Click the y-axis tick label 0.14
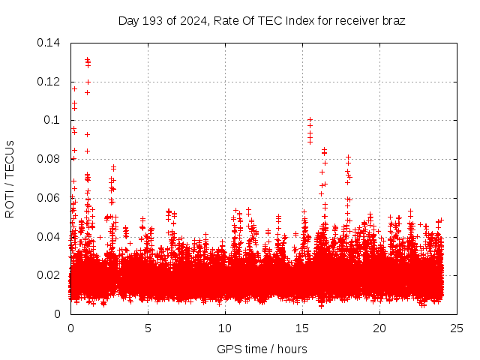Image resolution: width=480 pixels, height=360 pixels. tap(49, 43)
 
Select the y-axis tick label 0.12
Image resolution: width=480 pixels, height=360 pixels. tap(49, 82)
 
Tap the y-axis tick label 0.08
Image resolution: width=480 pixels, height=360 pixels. tap(49, 159)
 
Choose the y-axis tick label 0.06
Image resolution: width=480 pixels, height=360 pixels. tap(49, 198)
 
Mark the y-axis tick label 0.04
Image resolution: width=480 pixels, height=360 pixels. tap(49, 237)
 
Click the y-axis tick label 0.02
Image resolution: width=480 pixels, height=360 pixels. tap(49, 275)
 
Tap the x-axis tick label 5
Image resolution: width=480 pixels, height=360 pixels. tap(148, 328)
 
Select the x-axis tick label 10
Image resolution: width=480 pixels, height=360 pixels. tap(225, 328)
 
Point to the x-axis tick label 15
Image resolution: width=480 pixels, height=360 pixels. tap(302, 328)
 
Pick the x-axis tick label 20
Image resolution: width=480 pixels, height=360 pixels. tap(379, 328)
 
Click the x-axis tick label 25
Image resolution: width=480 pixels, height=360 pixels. tap(457, 328)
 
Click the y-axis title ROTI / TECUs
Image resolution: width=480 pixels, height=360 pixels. tap(10, 178)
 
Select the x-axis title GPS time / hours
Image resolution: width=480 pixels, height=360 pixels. tap(262, 349)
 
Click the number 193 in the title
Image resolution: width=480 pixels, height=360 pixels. tap(153, 20)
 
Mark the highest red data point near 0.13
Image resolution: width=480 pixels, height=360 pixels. tap(88, 59)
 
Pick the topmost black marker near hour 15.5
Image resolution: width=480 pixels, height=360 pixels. tap(310, 119)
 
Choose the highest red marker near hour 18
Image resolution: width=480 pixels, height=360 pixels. tap(348, 157)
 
